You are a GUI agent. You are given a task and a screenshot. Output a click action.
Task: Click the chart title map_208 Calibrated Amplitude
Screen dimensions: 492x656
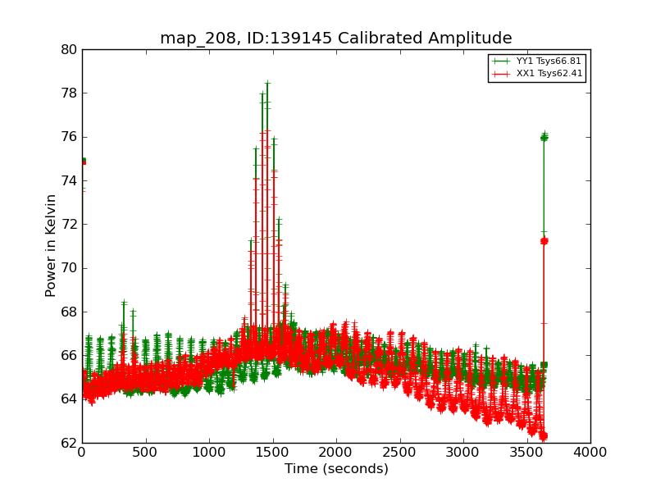pos(335,39)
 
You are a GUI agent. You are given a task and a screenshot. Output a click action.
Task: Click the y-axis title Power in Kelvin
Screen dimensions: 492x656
pos(51,245)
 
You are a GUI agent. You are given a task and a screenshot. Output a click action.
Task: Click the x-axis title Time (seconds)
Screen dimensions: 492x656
pos(336,469)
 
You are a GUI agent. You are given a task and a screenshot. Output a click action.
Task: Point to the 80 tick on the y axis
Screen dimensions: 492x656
pos(69,49)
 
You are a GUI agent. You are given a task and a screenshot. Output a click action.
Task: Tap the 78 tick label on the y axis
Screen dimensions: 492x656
pos(69,93)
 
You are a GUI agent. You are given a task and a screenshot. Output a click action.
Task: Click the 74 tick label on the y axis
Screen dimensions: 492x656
pos(69,180)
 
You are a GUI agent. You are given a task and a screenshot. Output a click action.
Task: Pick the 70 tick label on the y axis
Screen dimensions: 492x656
pos(69,268)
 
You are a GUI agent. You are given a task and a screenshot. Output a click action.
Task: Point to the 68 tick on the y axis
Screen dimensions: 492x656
pos(69,312)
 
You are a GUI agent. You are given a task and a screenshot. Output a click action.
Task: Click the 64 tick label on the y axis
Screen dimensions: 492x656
pos(69,399)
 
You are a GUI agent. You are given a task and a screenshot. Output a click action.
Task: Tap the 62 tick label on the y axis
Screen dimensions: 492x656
pos(69,443)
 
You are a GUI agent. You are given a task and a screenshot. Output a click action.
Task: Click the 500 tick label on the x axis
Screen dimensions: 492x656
pos(145,451)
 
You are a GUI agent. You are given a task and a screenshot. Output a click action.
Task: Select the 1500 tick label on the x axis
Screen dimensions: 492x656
pos(272,451)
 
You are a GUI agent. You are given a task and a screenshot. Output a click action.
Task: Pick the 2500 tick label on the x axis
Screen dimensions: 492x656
pos(399,451)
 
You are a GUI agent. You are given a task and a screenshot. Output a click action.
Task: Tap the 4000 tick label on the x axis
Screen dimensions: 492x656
pos(590,451)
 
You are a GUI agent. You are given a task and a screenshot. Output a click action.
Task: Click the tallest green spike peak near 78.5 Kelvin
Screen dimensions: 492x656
pos(267,82)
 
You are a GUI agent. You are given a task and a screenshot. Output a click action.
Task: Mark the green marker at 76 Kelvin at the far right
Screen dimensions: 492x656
pos(544,137)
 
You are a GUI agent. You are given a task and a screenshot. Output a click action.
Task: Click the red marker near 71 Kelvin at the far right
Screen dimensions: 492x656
pos(544,240)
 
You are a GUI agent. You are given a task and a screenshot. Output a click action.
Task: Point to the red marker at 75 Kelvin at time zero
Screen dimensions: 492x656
pos(83,161)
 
